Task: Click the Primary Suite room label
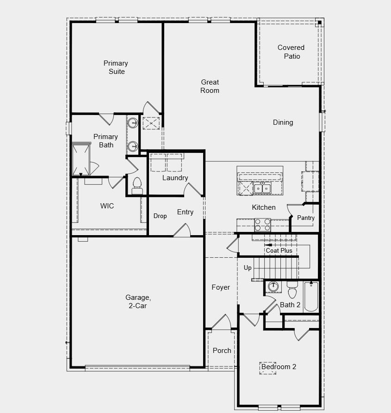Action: (116, 67)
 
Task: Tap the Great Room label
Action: (210, 86)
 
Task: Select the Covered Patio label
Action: (291, 52)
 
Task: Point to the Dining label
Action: (283, 122)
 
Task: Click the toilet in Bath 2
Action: (292, 291)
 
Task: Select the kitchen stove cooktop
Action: (262, 225)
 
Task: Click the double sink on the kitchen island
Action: (262, 188)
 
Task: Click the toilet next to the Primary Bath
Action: (137, 185)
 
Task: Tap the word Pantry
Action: (306, 218)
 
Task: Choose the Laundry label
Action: (175, 178)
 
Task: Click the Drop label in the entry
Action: (160, 216)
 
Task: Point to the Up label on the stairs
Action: (248, 268)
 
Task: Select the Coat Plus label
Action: (279, 250)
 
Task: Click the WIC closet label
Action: (107, 206)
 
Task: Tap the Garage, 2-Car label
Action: (138, 302)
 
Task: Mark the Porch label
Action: (222, 351)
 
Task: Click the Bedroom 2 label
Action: (279, 367)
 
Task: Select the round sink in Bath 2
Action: (273, 286)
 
